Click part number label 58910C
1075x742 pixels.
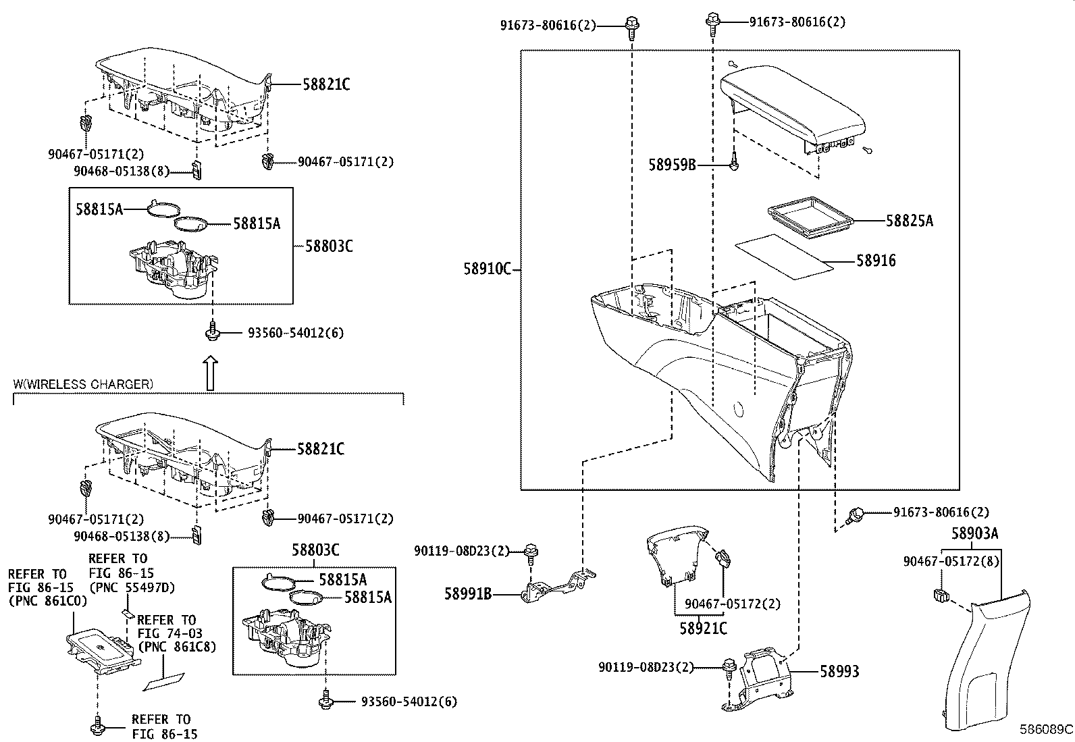pyautogui.click(x=487, y=269)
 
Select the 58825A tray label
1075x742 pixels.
pyautogui.click(x=909, y=221)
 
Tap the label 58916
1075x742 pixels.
pyautogui.click(x=876, y=261)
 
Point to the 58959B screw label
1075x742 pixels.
pyautogui.click(x=672, y=165)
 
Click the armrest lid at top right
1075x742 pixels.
pyautogui.click(x=793, y=105)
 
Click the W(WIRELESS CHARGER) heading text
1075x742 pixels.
pyautogui.click(x=83, y=384)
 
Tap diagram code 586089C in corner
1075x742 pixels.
pyautogui.click(x=1045, y=730)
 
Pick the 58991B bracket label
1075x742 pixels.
pyautogui.click(x=468, y=594)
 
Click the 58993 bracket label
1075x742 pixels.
pyautogui.click(x=839, y=671)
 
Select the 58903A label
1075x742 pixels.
pyautogui.click(x=974, y=533)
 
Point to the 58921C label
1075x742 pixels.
pyautogui.click(x=703, y=628)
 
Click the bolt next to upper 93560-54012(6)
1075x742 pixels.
pyautogui.click(x=213, y=332)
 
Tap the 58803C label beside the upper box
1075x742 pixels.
pyautogui.click(x=329, y=246)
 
